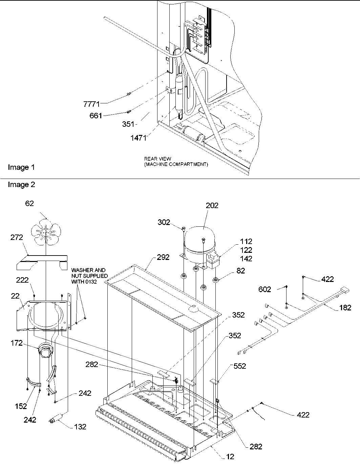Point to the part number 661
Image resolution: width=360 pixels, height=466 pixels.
(x=96, y=116)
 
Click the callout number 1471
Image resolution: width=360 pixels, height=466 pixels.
(x=139, y=138)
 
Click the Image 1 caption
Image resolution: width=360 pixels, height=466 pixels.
(x=21, y=167)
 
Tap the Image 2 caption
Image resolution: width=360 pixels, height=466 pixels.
(x=21, y=185)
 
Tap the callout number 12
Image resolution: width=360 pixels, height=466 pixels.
(x=230, y=457)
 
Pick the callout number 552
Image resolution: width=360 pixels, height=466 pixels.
(x=239, y=366)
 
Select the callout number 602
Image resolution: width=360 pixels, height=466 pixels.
(x=265, y=289)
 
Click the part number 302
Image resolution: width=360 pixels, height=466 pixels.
(x=164, y=222)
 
